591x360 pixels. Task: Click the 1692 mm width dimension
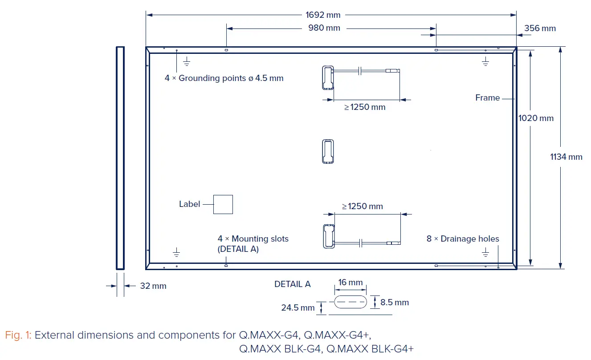(323, 15)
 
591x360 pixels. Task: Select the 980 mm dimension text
(324, 28)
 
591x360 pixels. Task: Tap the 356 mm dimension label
(540, 28)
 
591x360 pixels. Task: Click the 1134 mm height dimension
(566, 157)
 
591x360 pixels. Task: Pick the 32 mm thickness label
(153, 286)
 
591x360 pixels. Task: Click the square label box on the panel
(223, 204)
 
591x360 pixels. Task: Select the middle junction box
(328, 152)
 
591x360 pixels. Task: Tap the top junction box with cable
(327, 78)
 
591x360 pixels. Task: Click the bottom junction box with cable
(328, 235)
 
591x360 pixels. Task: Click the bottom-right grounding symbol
(485, 253)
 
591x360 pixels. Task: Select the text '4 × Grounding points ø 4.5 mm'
(224, 78)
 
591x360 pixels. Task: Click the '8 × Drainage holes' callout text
(463, 239)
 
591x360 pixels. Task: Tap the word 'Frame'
(487, 98)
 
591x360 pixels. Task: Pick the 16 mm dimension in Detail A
(351, 283)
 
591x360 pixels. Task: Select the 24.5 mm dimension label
(298, 307)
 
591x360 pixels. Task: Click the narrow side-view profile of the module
(120, 158)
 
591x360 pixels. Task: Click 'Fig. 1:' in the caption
(18, 335)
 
